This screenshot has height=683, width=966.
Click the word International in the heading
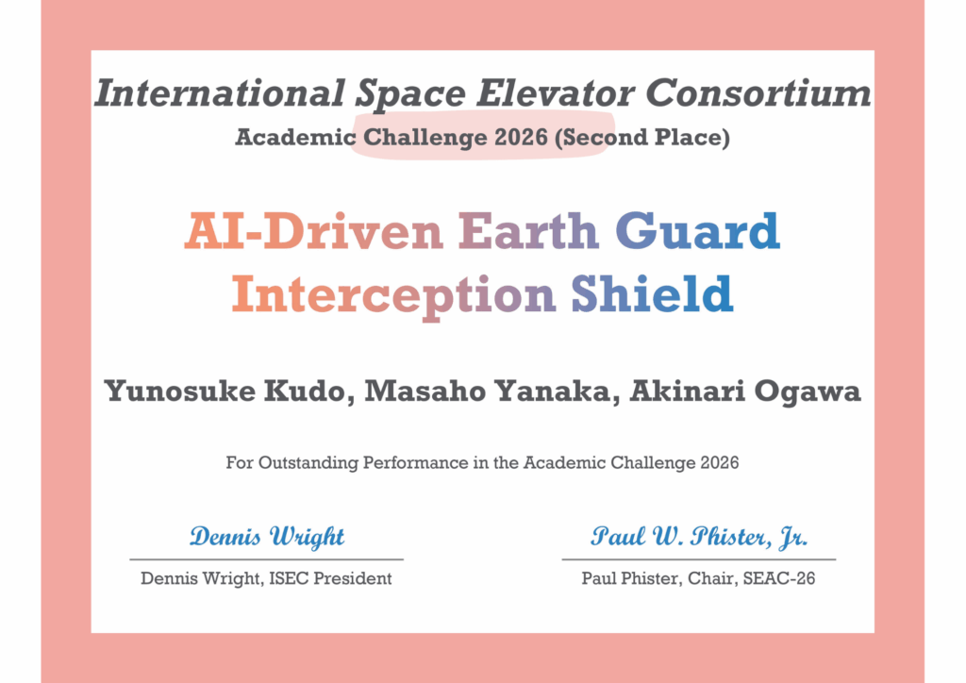[x=219, y=93]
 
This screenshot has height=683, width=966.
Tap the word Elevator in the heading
[x=555, y=93]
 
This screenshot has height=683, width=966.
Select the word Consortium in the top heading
[x=758, y=93]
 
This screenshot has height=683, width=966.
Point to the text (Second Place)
[x=641, y=138]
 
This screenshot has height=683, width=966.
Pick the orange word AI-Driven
[x=313, y=231]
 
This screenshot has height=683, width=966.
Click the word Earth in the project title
[x=528, y=231]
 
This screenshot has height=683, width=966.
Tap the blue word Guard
[x=697, y=231]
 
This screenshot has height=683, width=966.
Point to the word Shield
[x=652, y=293]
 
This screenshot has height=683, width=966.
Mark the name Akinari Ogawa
[x=745, y=391]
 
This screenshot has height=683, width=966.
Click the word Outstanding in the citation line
[x=308, y=462]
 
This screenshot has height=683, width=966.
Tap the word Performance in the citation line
[x=415, y=462]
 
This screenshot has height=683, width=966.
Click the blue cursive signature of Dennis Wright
[x=267, y=537]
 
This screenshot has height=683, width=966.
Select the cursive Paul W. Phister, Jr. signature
[x=699, y=537]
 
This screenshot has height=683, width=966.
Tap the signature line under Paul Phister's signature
[x=699, y=559]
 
